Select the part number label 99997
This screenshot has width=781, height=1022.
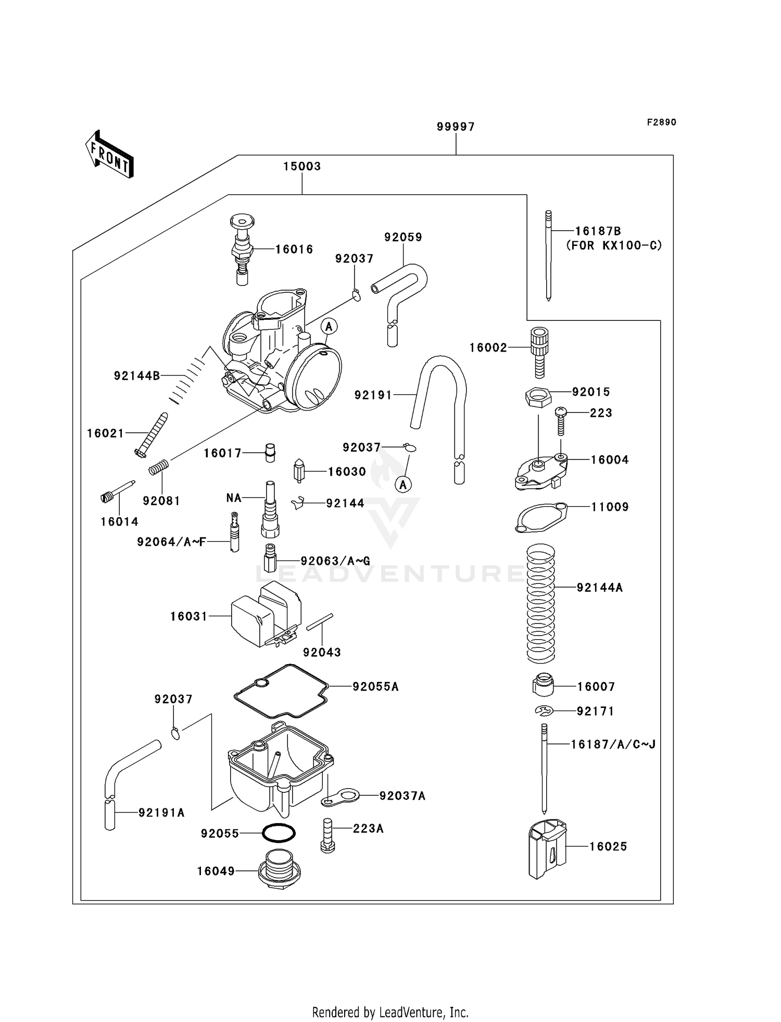pyautogui.click(x=456, y=127)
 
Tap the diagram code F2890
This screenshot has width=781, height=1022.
pyautogui.click(x=661, y=122)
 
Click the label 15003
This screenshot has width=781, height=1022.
pyautogui.click(x=302, y=166)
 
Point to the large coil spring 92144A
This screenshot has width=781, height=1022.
pyautogui.click(x=541, y=603)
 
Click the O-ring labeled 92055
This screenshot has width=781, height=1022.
pyautogui.click(x=279, y=833)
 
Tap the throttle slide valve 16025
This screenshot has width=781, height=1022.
pyautogui.click(x=547, y=848)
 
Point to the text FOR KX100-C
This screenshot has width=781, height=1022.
pyautogui.click(x=614, y=245)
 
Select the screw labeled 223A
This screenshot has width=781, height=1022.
pyautogui.click(x=327, y=835)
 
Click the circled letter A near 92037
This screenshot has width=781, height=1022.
pyautogui.click(x=403, y=484)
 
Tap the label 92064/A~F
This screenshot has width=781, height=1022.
pyautogui.click(x=171, y=542)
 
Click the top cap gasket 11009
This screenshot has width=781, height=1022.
pyautogui.click(x=540, y=518)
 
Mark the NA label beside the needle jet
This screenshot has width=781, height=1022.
pyautogui.click(x=234, y=498)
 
